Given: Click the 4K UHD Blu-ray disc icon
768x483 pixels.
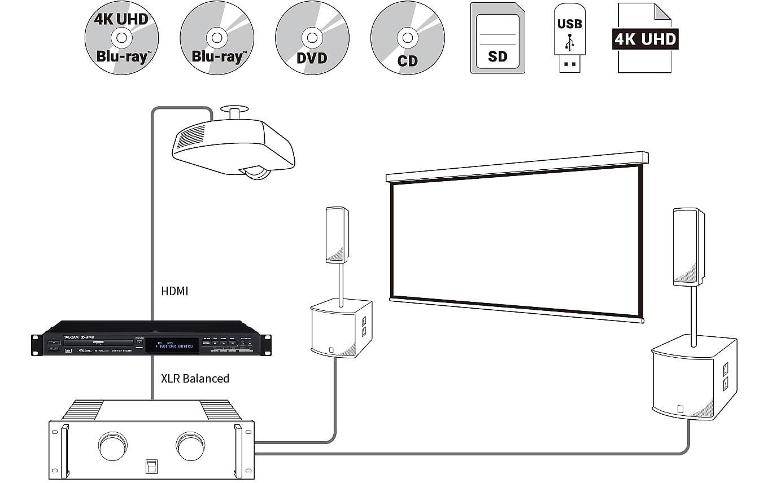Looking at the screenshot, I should point(121,38).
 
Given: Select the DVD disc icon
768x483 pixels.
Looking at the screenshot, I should point(312,38).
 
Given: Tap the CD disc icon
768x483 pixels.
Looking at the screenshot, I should point(407,38).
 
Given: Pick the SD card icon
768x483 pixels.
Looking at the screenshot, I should point(498,38).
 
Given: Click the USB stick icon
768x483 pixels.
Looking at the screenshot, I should point(570,38).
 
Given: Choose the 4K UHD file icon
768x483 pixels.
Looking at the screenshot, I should point(645,38).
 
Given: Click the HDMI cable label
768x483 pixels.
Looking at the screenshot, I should point(174,291).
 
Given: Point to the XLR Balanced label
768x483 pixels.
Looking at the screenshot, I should point(195,378).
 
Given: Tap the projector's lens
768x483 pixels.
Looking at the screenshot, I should point(257,172).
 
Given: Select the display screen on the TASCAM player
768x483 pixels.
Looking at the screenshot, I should point(172,345).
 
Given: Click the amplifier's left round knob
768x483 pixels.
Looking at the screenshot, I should point(113,446).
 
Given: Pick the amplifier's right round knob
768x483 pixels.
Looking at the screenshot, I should point(190,446).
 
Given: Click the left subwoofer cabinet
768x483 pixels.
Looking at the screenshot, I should point(341,328).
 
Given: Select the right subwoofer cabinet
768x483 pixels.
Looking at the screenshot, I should point(693,377).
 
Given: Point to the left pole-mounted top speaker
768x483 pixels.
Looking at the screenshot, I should point(337,234).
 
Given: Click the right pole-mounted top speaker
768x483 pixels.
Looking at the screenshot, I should point(688,246).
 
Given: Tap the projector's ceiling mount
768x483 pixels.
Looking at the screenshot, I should point(234,113).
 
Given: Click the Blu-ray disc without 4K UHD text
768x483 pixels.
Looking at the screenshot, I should point(217,38).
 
